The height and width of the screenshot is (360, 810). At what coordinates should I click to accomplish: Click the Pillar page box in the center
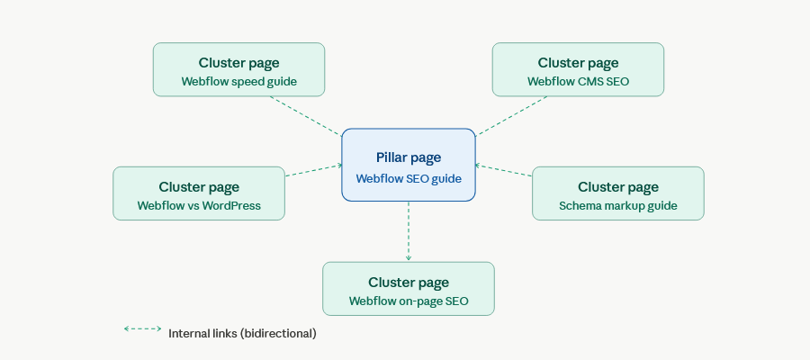pyautogui.click(x=408, y=165)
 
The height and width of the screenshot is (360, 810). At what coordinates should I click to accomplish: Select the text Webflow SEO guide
pyautogui.click(x=408, y=179)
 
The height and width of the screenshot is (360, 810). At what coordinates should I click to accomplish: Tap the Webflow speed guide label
pyautogui.click(x=238, y=82)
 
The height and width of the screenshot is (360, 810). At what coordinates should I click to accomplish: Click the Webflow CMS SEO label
pyautogui.click(x=578, y=82)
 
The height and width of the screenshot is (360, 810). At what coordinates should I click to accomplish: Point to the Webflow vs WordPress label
pyautogui.click(x=199, y=205)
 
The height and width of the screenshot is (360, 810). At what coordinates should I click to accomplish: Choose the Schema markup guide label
pyautogui.click(x=617, y=205)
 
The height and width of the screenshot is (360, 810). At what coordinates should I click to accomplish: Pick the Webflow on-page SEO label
pyautogui.click(x=409, y=301)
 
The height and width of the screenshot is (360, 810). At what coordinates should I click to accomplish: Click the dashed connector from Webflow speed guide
pyautogui.click(x=305, y=116)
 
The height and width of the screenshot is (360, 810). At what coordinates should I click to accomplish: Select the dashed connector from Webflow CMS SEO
pyautogui.click(x=512, y=116)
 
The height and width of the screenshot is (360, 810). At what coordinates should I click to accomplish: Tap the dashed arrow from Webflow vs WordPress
pyautogui.click(x=314, y=170)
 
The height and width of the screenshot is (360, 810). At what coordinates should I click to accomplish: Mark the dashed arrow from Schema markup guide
pyautogui.click(x=503, y=171)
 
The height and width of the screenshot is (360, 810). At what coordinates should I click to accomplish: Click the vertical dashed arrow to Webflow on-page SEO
pyautogui.click(x=409, y=231)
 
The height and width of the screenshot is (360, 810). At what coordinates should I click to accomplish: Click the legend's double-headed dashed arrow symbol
pyautogui.click(x=142, y=329)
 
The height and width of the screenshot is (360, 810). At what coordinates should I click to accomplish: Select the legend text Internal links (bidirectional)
pyautogui.click(x=242, y=333)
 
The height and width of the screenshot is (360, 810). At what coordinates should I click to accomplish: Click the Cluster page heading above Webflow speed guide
pyautogui.click(x=238, y=63)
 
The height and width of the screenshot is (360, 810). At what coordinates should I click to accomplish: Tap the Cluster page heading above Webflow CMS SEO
pyautogui.click(x=578, y=63)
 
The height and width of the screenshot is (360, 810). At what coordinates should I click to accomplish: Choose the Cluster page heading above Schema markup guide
pyautogui.click(x=617, y=187)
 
